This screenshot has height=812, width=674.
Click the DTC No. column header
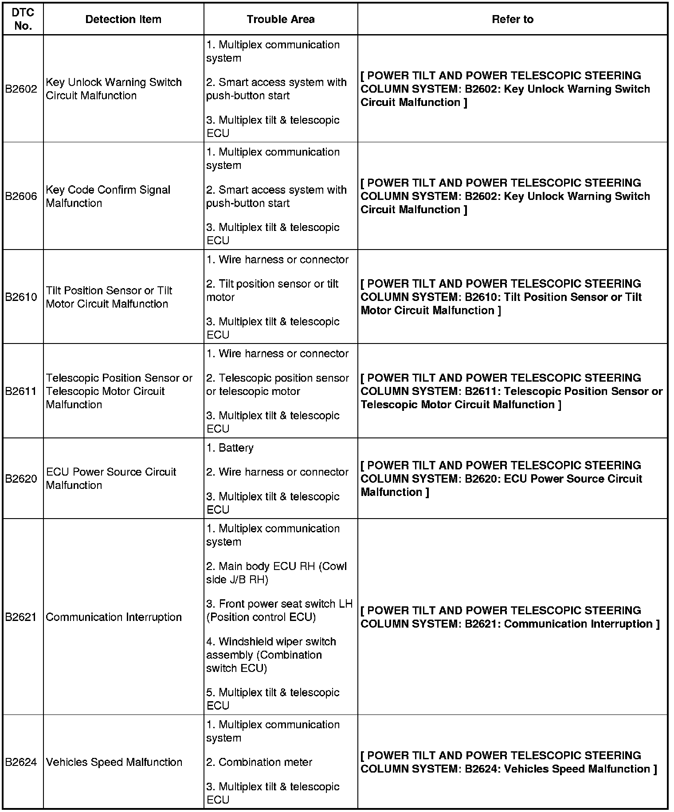tap(23, 19)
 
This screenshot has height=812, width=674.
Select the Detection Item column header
tap(123, 19)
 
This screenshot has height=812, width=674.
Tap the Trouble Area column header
tap(281, 19)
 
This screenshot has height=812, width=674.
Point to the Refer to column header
tap(513, 19)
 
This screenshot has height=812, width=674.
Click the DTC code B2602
tap(21, 89)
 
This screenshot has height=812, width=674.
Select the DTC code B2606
tap(21, 196)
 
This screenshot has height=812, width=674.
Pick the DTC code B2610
tap(21, 297)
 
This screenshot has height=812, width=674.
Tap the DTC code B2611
tap(21, 391)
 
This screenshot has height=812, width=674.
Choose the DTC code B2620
tap(21, 479)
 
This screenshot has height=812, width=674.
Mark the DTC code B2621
tap(21, 617)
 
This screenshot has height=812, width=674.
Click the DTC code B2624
tap(21, 762)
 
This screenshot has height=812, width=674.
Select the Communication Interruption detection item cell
tap(114, 617)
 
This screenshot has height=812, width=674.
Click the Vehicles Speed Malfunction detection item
tap(114, 762)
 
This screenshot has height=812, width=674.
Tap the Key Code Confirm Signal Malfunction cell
tap(108, 196)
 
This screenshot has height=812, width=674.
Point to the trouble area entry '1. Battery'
tap(230, 448)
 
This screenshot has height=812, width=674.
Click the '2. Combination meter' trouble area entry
tap(259, 762)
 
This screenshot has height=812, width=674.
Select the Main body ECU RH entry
tap(276, 573)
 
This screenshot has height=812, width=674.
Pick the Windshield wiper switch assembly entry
tap(271, 655)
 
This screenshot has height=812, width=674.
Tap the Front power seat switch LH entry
tap(279, 610)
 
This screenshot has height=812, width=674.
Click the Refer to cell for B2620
tap(501, 479)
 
